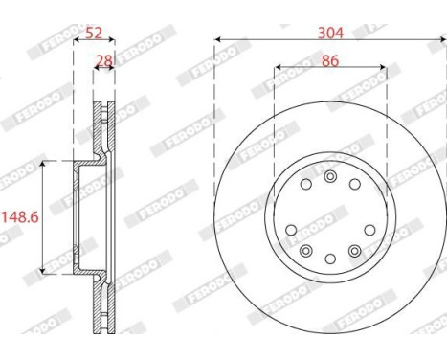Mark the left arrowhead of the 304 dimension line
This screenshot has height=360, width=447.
click(x=218, y=40)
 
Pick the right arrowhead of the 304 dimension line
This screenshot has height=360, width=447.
click(x=441, y=40)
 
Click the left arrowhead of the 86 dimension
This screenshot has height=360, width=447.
click(x=278, y=69)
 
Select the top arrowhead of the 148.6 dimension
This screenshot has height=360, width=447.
click(x=41, y=164)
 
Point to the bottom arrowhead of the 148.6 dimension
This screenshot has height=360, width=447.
click(x=41, y=271)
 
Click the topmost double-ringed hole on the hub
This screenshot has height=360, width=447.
click(x=330, y=176)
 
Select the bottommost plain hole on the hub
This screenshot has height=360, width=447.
click(x=330, y=259)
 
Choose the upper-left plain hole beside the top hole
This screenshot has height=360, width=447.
click(x=305, y=184)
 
